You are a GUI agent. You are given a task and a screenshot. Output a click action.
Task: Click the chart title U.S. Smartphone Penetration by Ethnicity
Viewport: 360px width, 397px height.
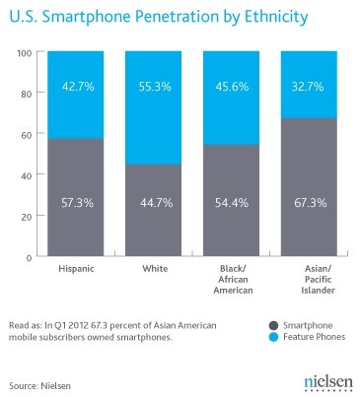(x=159, y=17)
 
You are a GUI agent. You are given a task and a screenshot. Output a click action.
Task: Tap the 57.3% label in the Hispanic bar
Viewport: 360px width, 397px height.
(x=78, y=203)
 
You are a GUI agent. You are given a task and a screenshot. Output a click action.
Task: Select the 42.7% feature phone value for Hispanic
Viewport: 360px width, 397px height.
(x=78, y=87)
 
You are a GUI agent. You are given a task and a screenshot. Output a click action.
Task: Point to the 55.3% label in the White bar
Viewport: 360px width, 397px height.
(x=155, y=87)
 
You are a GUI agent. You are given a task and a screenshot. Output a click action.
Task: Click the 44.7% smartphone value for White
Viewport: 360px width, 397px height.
(x=157, y=203)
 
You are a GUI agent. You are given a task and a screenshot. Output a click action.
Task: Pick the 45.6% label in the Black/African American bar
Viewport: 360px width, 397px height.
(x=232, y=87)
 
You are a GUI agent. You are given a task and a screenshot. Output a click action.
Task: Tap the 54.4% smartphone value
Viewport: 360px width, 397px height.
(x=232, y=203)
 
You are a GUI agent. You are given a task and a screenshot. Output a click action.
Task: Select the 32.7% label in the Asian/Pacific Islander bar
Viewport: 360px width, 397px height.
(x=308, y=87)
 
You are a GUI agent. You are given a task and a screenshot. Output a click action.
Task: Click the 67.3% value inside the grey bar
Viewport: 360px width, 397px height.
(x=311, y=203)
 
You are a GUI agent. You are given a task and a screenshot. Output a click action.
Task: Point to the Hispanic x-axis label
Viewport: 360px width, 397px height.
(x=76, y=269)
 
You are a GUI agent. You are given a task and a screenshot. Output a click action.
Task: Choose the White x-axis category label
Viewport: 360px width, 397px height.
(x=155, y=268)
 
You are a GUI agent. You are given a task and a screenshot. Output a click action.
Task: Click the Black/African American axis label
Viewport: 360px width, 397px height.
(x=233, y=279)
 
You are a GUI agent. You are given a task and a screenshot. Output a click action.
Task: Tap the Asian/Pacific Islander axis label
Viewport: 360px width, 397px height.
(x=318, y=279)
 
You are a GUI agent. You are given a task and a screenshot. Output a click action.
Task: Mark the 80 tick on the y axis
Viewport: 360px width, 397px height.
(x=25, y=94)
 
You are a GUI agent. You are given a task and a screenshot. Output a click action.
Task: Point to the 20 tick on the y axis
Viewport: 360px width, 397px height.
(x=26, y=217)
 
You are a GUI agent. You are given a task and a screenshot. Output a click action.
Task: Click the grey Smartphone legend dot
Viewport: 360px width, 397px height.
(x=273, y=325)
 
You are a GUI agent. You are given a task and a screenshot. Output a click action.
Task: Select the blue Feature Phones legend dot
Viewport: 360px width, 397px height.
(x=273, y=337)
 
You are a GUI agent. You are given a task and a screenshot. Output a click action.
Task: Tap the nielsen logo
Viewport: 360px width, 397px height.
(x=328, y=383)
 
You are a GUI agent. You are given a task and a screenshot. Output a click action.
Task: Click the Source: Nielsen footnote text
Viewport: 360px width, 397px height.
(x=39, y=385)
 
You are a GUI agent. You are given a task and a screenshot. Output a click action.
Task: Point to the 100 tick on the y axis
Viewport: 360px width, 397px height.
(x=24, y=53)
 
